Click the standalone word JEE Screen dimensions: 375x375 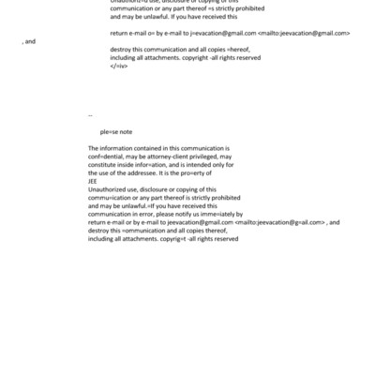pos(93,183)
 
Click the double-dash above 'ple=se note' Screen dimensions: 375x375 pos(90,115)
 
